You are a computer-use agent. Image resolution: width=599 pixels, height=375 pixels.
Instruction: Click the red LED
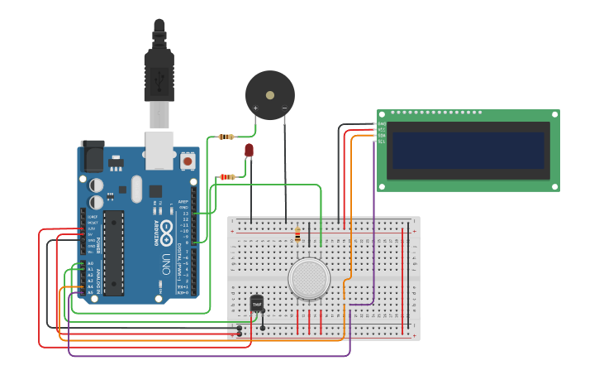250,150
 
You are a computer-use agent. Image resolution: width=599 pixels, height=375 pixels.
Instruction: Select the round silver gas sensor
309,278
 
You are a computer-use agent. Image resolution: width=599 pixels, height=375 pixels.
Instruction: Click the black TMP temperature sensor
257,304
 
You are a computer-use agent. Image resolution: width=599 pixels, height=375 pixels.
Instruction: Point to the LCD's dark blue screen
468,151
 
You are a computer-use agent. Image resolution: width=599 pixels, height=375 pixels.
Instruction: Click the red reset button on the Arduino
188,161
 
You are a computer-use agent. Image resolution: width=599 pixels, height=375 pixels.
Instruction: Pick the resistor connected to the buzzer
226,137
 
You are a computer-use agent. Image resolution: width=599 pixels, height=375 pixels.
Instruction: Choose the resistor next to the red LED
227,176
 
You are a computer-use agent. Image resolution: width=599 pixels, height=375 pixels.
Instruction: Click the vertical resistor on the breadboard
297,237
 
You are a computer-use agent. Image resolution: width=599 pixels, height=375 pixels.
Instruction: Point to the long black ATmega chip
114,252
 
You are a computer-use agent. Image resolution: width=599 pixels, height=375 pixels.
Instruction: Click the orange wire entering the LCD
352,207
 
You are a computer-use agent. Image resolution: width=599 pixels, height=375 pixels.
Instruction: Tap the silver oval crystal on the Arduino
136,189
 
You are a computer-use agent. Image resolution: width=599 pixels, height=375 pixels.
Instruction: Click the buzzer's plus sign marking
255,108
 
